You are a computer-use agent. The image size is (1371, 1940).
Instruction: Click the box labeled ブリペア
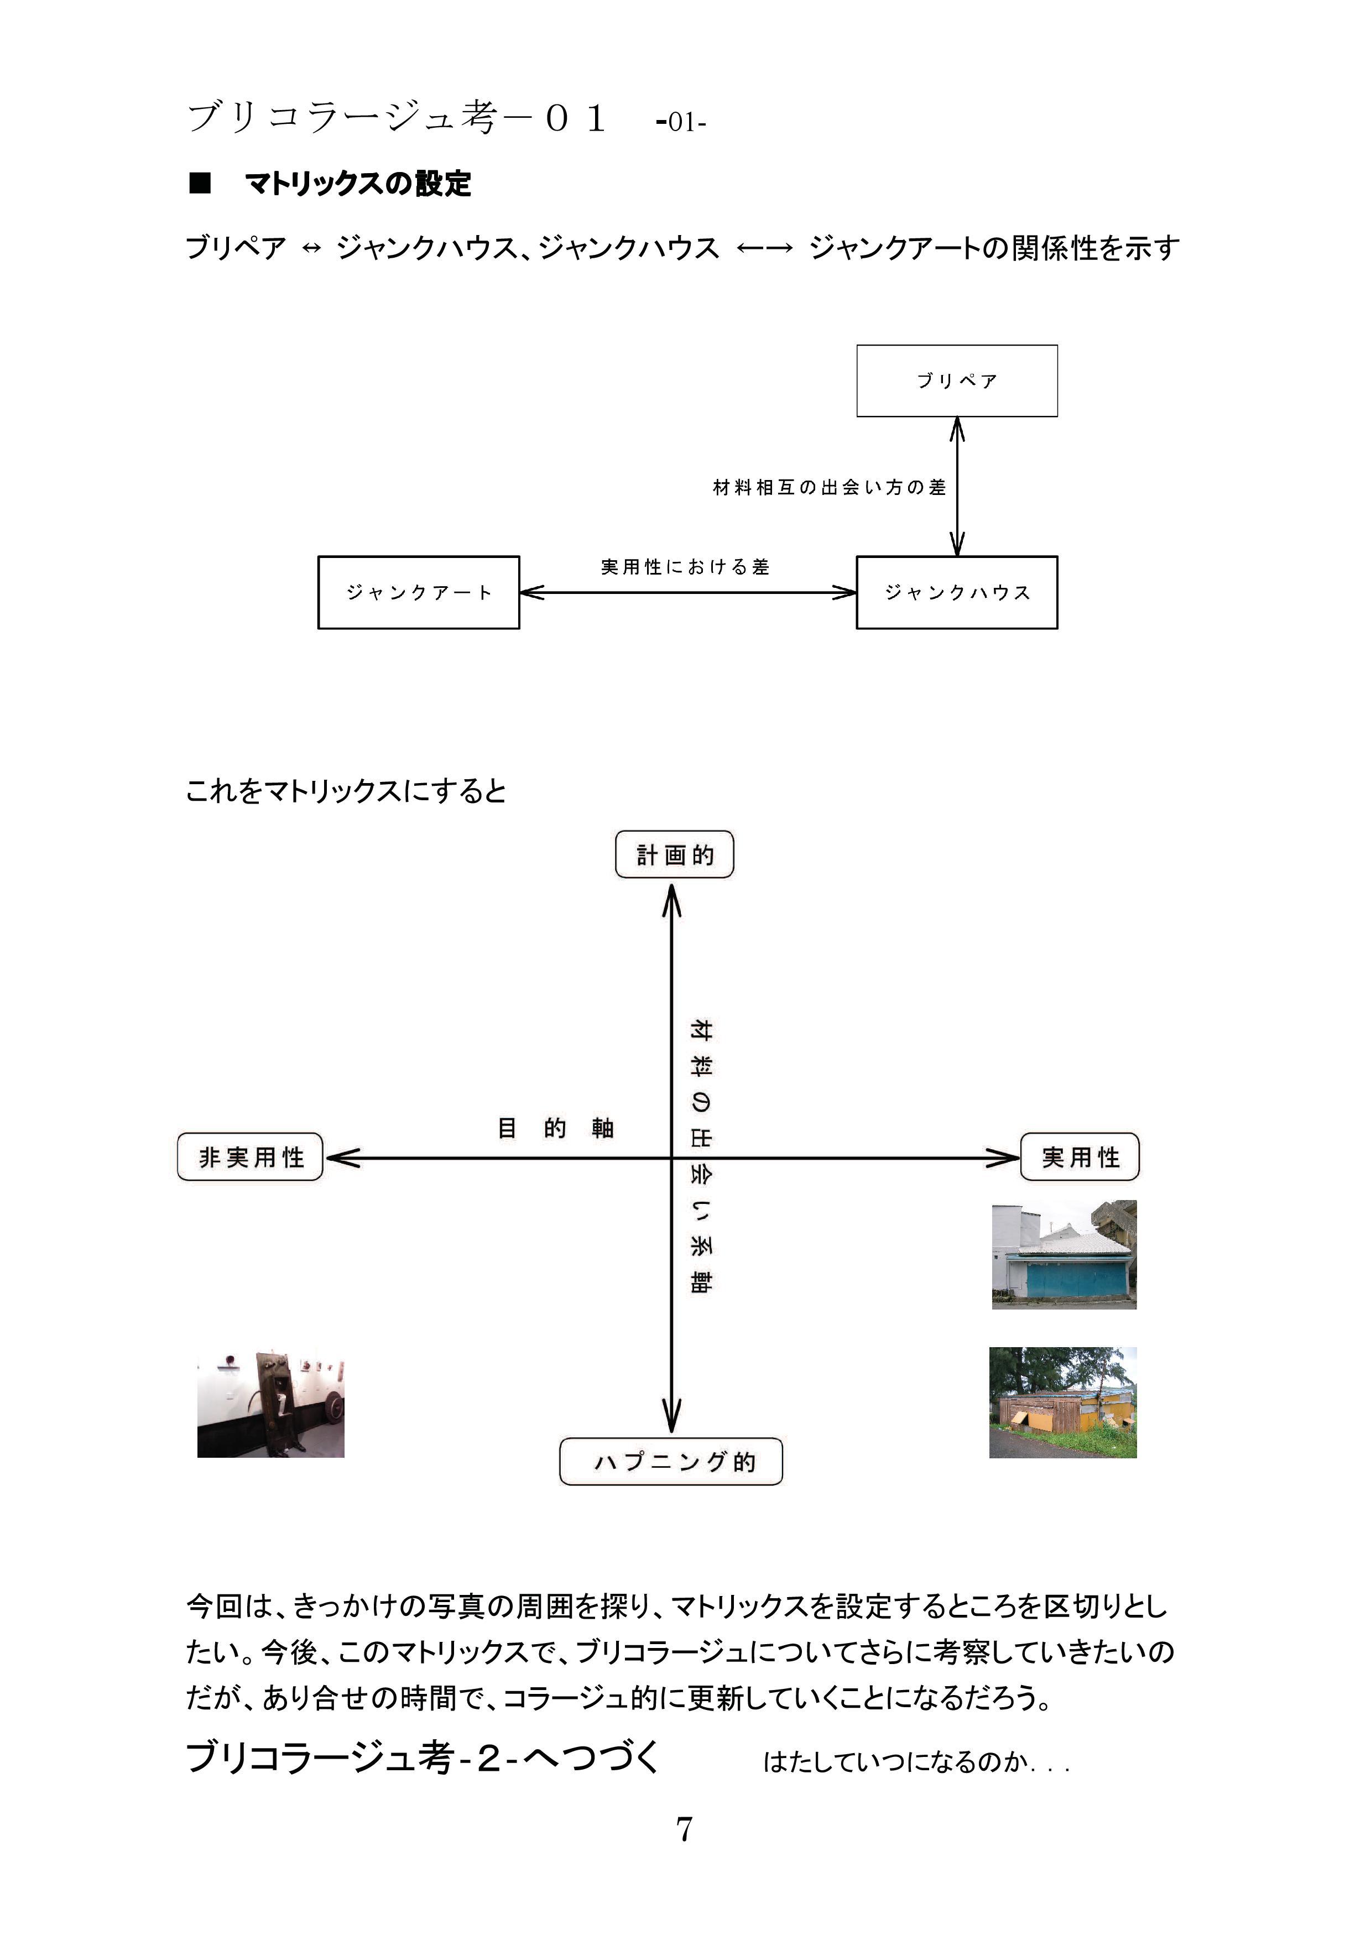(957, 380)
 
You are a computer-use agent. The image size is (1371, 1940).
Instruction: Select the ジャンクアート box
(418, 592)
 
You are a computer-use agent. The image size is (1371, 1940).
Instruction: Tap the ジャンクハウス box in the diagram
(957, 592)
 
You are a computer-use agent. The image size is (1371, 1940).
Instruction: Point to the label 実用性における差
(685, 567)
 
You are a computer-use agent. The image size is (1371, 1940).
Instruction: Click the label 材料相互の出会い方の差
(830, 488)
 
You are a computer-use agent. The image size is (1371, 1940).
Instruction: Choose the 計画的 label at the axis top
(675, 855)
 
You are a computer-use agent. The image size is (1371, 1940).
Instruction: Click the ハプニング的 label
(671, 1462)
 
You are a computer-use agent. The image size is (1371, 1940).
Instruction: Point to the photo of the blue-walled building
(1065, 1255)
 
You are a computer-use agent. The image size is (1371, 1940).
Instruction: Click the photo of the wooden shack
(1062, 1402)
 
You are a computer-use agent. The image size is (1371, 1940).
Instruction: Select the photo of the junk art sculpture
(270, 1404)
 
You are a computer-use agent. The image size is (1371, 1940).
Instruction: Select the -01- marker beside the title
(680, 123)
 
